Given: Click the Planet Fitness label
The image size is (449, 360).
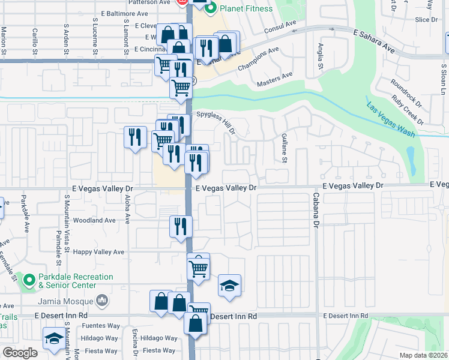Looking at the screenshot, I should point(246,8).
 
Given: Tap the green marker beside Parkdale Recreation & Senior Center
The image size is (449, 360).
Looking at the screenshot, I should point(28,280).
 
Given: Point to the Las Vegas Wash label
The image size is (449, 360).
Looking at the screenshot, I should point(390,119).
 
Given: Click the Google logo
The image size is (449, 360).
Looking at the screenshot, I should point(20,353).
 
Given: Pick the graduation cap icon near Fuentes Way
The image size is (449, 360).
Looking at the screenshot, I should point(54,338).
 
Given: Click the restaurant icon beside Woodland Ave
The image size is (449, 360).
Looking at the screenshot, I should point(181,226).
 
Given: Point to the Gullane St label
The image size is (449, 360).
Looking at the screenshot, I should point(284,148).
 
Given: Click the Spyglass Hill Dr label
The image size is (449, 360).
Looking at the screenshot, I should point(214,122).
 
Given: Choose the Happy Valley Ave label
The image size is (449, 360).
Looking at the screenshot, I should point(98,253).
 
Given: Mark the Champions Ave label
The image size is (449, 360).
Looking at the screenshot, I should point(259,59).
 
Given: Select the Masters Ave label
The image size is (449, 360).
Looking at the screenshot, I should point(274,78).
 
